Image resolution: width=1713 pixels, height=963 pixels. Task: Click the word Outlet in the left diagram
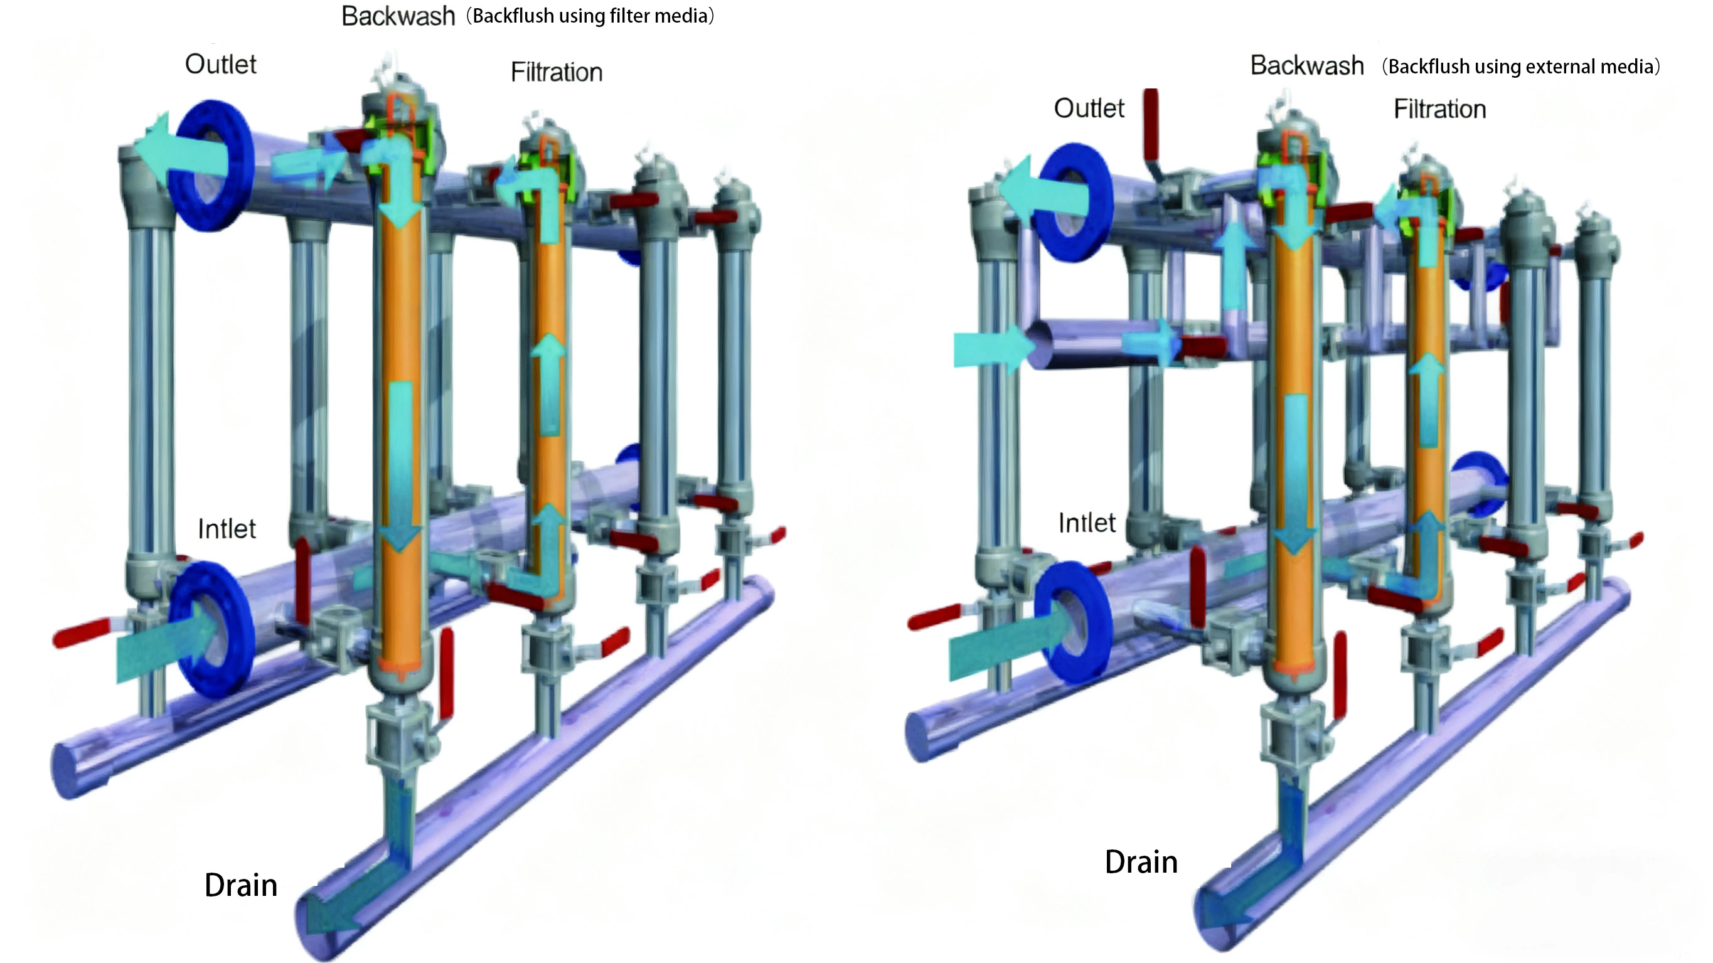tap(220, 65)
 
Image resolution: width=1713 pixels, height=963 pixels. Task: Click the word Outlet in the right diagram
tap(1089, 108)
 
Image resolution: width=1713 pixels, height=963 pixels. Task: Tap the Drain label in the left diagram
tap(241, 885)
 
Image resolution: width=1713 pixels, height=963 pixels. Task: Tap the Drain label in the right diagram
tap(1141, 862)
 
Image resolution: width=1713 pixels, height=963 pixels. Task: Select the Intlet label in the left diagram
tap(227, 529)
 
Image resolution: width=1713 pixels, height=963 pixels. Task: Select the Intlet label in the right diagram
tap(1087, 523)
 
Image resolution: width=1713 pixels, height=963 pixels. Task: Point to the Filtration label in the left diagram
tap(557, 72)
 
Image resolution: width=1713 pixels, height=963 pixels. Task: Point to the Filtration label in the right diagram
tap(1439, 109)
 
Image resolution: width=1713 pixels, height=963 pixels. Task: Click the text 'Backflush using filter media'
tap(590, 16)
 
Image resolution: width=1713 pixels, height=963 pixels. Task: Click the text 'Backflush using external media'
tap(1521, 67)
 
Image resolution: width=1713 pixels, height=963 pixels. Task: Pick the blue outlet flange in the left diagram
tap(210, 165)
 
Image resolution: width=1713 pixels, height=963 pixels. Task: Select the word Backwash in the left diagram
tap(398, 16)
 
